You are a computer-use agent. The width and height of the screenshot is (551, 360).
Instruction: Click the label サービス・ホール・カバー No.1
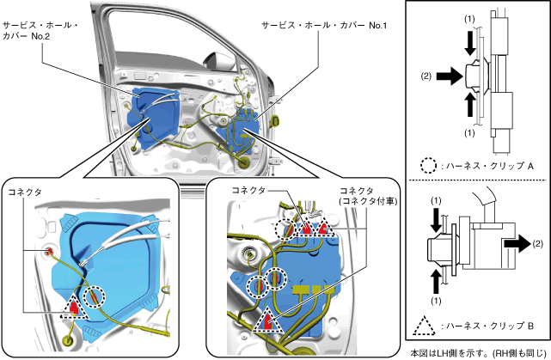(x=321, y=27)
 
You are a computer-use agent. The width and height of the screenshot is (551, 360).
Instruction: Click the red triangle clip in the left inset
(x=75, y=307)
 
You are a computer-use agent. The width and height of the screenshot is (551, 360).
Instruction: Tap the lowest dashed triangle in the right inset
(x=268, y=320)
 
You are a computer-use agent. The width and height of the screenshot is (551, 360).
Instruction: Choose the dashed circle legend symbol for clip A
(x=428, y=163)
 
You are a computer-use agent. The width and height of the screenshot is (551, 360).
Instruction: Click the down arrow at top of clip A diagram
(x=469, y=41)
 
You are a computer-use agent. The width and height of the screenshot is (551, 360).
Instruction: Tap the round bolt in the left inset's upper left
(x=50, y=251)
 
